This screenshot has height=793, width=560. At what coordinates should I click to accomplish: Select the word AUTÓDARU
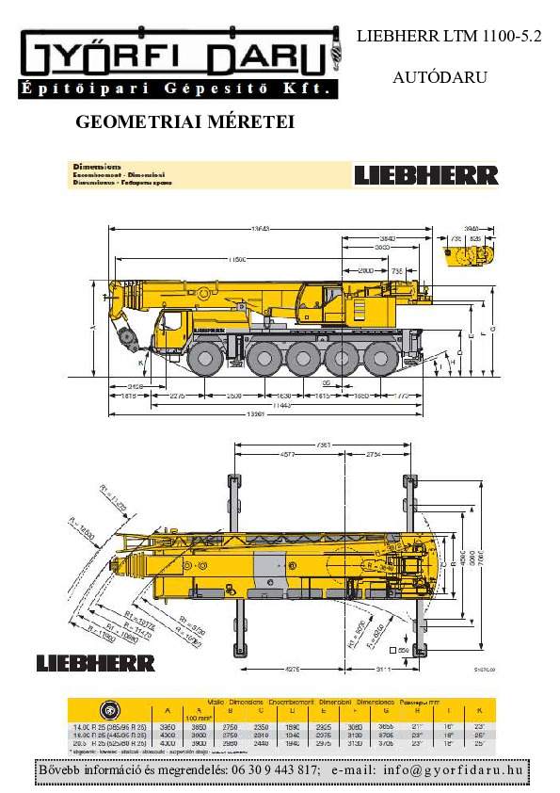click(440, 77)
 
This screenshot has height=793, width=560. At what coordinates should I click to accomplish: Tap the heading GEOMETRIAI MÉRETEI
click(184, 122)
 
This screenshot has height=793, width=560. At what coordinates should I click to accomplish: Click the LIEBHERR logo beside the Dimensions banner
click(425, 174)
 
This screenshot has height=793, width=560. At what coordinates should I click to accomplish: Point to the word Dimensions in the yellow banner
click(97, 167)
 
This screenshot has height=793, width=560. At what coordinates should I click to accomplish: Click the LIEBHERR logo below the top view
click(96, 663)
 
